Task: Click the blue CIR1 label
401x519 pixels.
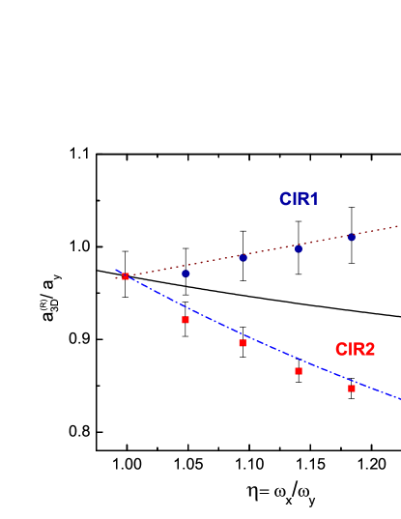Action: (x=299, y=199)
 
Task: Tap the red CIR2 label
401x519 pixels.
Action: (x=355, y=349)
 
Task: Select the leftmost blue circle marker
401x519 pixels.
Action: (x=186, y=274)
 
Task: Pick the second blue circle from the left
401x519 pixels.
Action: (x=243, y=258)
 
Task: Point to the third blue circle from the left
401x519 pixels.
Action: (x=299, y=248)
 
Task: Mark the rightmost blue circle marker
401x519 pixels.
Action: (x=352, y=237)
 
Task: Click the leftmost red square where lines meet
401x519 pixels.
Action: (x=126, y=276)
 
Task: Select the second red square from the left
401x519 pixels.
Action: (x=186, y=320)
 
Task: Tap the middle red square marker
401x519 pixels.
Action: (x=243, y=343)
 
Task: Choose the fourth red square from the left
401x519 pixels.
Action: (x=299, y=371)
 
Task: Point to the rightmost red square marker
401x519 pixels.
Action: (x=352, y=389)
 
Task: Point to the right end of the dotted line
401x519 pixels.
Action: (x=398, y=227)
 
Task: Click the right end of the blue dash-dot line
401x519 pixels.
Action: (x=398, y=397)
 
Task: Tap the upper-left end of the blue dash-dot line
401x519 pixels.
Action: (x=116, y=271)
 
